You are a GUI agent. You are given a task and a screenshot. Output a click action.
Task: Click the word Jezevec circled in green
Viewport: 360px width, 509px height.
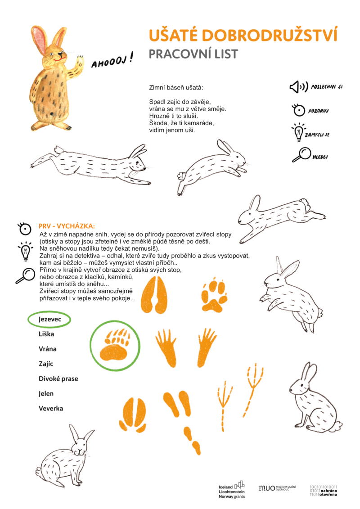tap(49, 320)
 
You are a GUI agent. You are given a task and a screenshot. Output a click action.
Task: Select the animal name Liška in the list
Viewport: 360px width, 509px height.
tap(46, 334)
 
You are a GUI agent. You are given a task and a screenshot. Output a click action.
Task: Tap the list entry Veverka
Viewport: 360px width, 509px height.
tap(51, 408)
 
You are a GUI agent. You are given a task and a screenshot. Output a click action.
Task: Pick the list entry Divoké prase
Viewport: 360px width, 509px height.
tap(58, 379)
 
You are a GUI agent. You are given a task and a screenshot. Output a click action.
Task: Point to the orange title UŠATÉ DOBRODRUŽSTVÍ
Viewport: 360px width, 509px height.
tap(243, 36)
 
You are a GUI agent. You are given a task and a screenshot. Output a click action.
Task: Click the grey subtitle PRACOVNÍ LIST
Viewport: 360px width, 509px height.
tap(193, 54)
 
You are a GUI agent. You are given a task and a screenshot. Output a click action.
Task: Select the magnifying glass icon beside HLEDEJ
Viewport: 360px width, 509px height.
tap(301, 154)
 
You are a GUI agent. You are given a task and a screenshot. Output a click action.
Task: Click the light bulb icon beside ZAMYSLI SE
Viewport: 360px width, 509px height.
tap(298, 132)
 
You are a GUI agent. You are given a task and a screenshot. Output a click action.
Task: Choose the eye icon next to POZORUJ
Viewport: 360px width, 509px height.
tap(298, 110)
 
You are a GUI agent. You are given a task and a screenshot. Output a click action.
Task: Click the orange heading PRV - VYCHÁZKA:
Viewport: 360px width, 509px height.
tap(67, 226)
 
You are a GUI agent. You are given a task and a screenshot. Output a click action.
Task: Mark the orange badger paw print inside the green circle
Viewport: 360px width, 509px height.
tap(115, 345)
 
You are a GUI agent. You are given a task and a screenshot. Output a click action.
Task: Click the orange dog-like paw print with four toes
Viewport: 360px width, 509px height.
tap(213, 295)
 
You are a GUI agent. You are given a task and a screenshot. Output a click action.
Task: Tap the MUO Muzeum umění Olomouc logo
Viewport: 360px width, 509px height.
tap(277, 488)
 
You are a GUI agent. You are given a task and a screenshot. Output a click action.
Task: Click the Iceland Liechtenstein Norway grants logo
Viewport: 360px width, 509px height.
tap(232, 490)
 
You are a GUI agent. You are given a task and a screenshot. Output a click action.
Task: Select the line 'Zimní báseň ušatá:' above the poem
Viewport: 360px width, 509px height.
tap(176, 88)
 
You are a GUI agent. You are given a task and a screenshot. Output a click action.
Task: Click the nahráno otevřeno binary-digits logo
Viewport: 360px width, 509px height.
tap(323, 491)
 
